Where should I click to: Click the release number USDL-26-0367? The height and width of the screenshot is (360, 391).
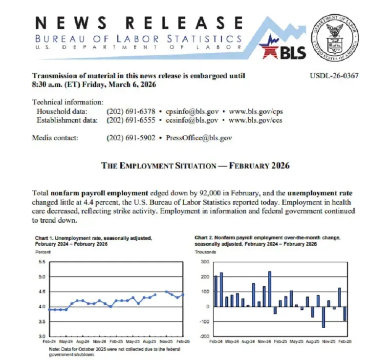point(334,76)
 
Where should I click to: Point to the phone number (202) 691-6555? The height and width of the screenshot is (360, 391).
point(130,120)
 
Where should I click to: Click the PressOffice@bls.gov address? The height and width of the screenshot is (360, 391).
point(199,138)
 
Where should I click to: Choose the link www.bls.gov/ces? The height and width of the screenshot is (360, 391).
point(255,120)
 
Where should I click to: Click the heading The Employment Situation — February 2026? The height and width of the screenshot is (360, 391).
point(195,166)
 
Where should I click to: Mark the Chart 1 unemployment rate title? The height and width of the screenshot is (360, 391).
point(93,241)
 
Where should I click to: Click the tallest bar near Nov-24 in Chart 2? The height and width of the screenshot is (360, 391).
point(269,289)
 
